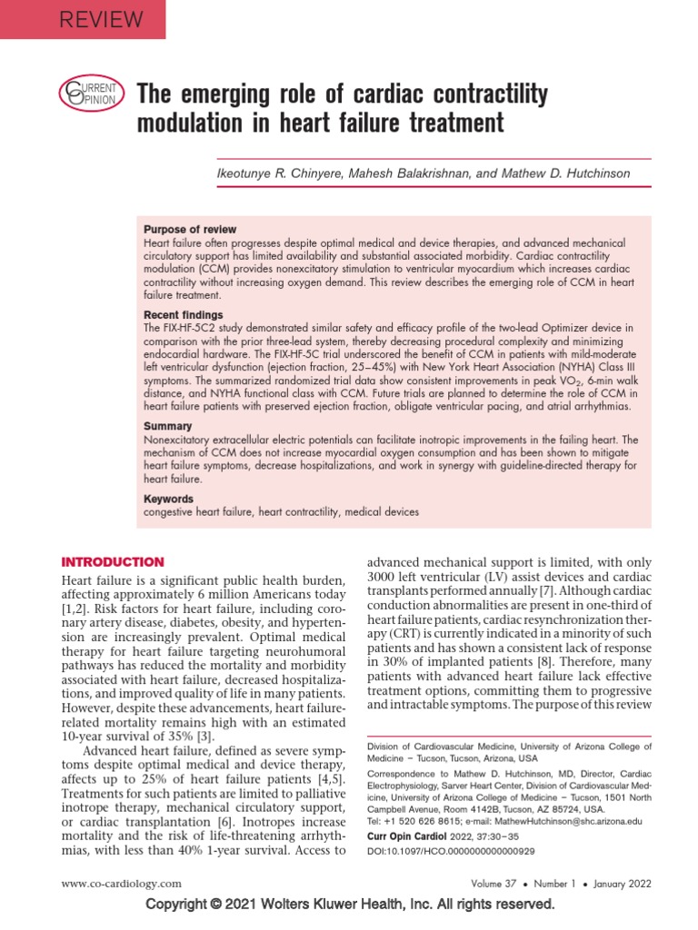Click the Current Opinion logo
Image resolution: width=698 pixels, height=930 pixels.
[x=89, y=94]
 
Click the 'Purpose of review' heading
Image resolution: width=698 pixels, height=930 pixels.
[x=190, y=230]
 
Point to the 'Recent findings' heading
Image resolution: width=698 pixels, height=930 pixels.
[x=183, y=315]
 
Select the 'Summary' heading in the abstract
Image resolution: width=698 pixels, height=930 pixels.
[x=167, y=426]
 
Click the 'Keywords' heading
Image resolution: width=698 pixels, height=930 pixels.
[x=169, y=499]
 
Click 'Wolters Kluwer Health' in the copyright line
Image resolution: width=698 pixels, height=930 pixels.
[x=371, y=905]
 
